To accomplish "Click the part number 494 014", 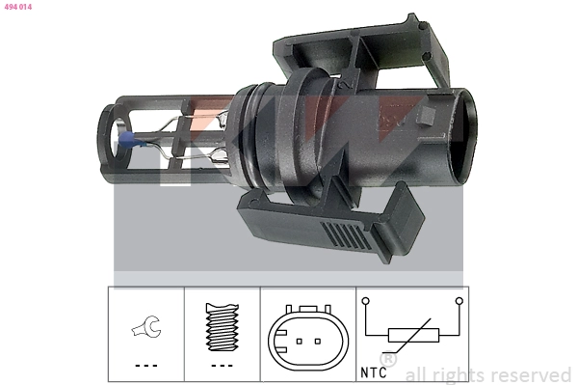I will [19, 6].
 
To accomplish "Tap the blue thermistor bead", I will [127, 141].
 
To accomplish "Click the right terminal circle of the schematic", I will [459, 301].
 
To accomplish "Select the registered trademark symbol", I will [387, 358].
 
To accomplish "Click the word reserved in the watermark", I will [534, 374].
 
